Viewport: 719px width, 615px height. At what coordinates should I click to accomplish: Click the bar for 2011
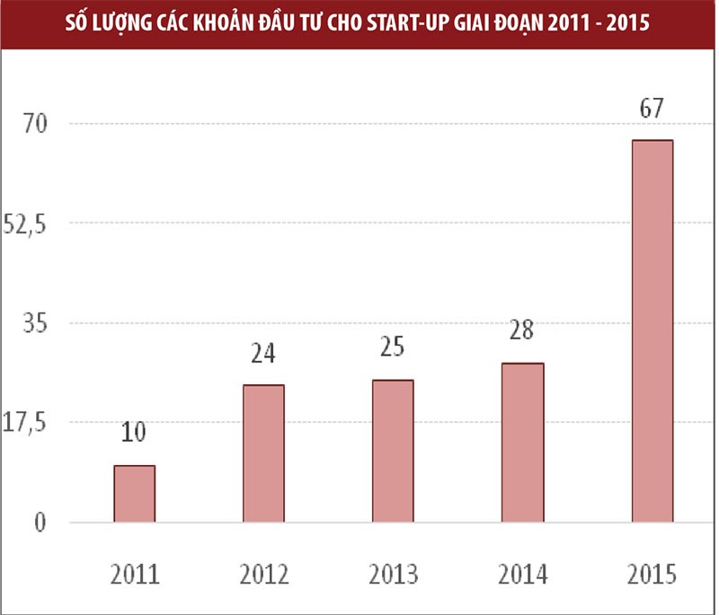click(x=134, y=494)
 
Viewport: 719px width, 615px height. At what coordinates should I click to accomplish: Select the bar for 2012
click(x=263, y=453)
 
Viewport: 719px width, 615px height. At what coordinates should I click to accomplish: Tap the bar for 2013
click(x=393, y=451)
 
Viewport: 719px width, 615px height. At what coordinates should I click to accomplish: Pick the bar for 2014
click(x=522, y=443)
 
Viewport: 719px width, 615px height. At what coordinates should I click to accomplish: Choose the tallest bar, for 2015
click(x=652, y=331)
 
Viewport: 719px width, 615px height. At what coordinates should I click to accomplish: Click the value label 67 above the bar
click(x=652, y=110)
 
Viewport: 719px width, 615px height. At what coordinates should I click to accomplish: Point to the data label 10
click(x=134, y=434)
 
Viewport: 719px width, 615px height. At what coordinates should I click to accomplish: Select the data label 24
click(x=263, y=354)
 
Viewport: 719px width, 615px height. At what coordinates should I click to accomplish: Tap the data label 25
click(x=393, y=347)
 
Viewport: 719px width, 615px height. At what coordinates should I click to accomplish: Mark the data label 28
click(x=522, y=331)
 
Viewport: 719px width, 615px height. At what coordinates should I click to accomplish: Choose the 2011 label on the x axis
click(x=134, y=574)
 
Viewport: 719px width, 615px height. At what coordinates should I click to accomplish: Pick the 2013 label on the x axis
click(x=393, y=574)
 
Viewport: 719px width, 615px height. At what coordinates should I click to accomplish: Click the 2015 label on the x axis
click(x=652, y=574)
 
